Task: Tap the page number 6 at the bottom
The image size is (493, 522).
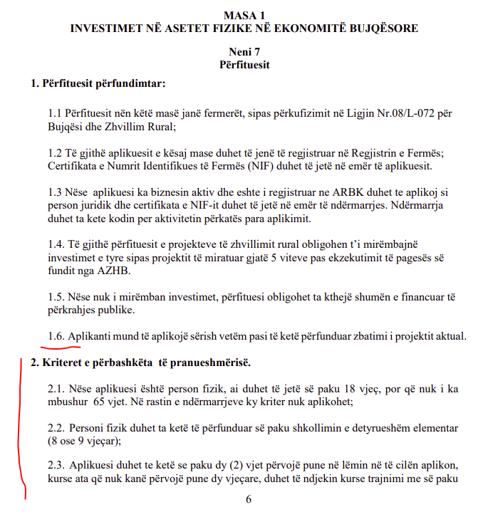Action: [x=248, y=499]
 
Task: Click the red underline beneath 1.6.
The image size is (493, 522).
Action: [x=61, y=347]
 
